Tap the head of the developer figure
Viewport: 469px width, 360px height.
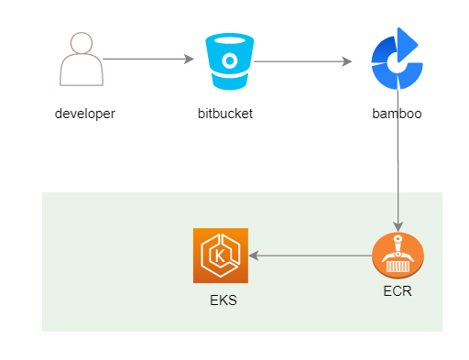82,43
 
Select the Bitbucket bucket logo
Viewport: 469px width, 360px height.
230,61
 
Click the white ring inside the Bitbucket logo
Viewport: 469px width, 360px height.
230,60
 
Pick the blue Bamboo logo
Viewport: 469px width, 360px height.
397,59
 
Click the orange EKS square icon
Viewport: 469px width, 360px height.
221,256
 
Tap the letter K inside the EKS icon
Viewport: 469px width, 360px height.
220,256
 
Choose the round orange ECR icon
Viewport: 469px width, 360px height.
398,256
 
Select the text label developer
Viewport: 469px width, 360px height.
85,115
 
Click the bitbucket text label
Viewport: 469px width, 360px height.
225,114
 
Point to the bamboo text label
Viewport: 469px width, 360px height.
397,114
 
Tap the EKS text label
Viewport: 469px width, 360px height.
224,300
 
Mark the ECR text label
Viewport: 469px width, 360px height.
398,291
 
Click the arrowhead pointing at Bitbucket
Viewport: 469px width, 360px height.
189,59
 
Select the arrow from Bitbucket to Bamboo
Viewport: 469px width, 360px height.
302,61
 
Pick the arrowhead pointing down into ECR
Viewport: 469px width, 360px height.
398,226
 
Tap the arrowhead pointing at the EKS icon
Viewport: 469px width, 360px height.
254,256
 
